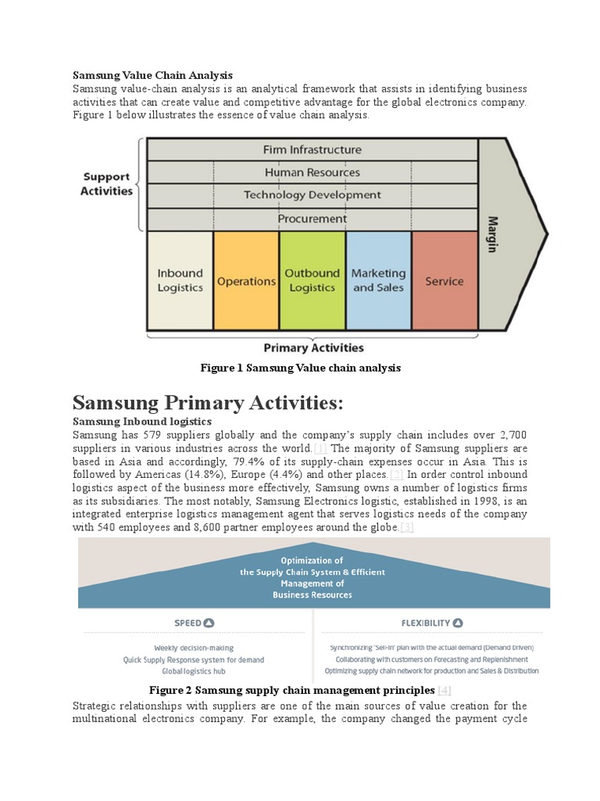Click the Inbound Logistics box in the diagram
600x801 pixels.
[180, 280]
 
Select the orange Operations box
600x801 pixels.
[246, 281]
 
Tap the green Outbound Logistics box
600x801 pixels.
[312, 280]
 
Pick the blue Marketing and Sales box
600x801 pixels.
[378, 280]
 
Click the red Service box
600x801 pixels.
[444, 281]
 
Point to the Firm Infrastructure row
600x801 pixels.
[312, 149]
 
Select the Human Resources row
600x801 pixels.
[312, 172]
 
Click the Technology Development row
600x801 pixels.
[312, 195]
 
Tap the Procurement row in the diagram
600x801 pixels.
[312, 218]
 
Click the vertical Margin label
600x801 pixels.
[493, 234]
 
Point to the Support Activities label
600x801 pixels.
[106, 184]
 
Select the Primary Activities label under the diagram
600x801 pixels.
[313, 347]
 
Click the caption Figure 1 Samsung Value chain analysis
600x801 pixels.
[300, 368]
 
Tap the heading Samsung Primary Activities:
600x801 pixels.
[208, 404]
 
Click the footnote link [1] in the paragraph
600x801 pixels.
[321, 448]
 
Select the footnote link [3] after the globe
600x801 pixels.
[407, 528]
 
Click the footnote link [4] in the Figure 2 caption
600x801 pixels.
[445, 690]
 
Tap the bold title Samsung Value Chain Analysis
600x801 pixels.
[152, 75]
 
